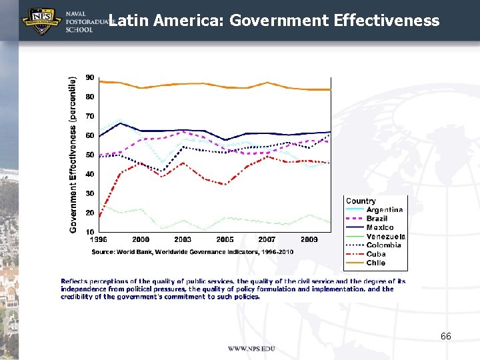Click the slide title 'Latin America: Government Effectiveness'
tap(273, 21)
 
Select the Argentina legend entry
tap(384, 210)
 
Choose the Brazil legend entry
tap(377, 219)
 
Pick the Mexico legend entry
tap(379, 227)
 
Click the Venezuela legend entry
tap(385, 236)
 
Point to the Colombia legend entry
tap(383, 245)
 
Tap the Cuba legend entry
tap(375, 254)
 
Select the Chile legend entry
tap(375, 263)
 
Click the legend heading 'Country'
tap(361, 201)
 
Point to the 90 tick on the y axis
tap(89, 77)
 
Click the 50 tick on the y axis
tap(89, 155)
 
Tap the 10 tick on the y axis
tap(89, 231)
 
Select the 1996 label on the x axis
tap(99, 239)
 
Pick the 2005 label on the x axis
tap(225, 239)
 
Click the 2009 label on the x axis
tap(309, 239)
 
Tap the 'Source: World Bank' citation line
tap(192, 252)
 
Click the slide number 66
tap(445, 336)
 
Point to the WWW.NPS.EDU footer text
tap(251, 349)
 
